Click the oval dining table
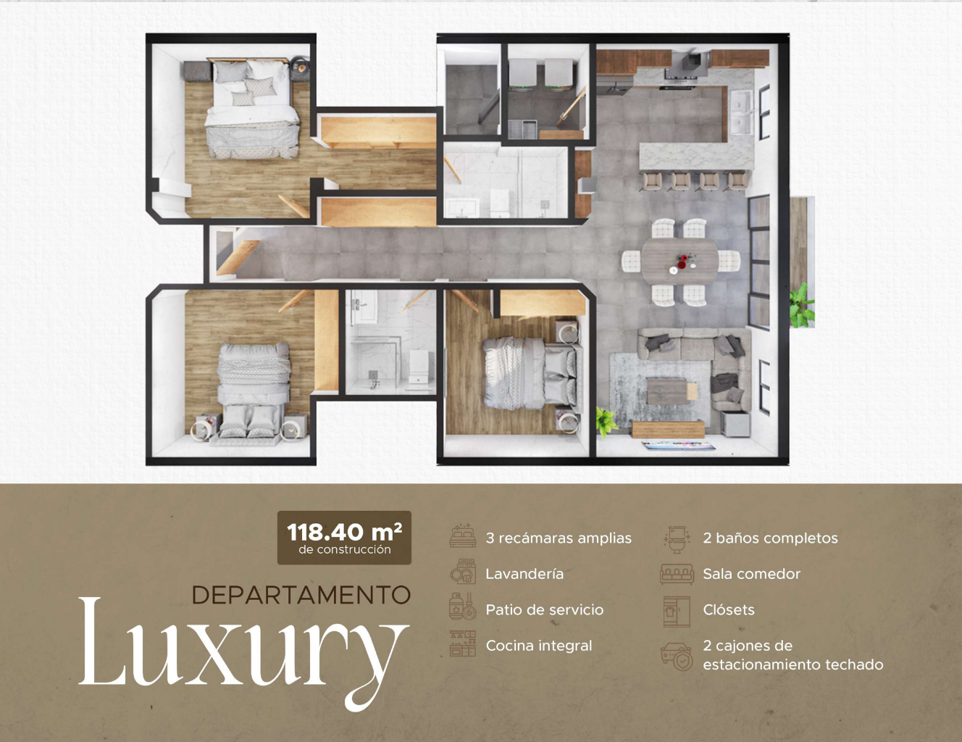point(680,261)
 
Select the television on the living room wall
point(678,445)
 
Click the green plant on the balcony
point(802,306)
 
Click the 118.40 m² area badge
point(344,538)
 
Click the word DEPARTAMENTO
point(301,595)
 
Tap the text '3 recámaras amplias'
point(559,538)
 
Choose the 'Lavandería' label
point(524,574)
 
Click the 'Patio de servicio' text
point(545,609)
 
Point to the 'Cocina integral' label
point(539,646)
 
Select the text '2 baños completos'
point(770,538)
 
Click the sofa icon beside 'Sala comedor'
point(677,574)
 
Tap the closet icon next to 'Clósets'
point(677,612)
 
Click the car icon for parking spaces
point(677,656)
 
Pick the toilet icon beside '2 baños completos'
point(677,539)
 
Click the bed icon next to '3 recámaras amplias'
point(463,537)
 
